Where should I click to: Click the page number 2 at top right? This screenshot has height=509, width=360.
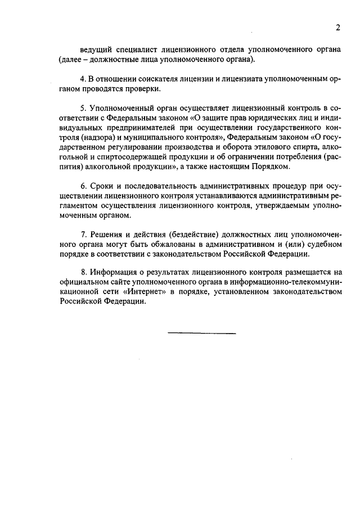tap(337, 28)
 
